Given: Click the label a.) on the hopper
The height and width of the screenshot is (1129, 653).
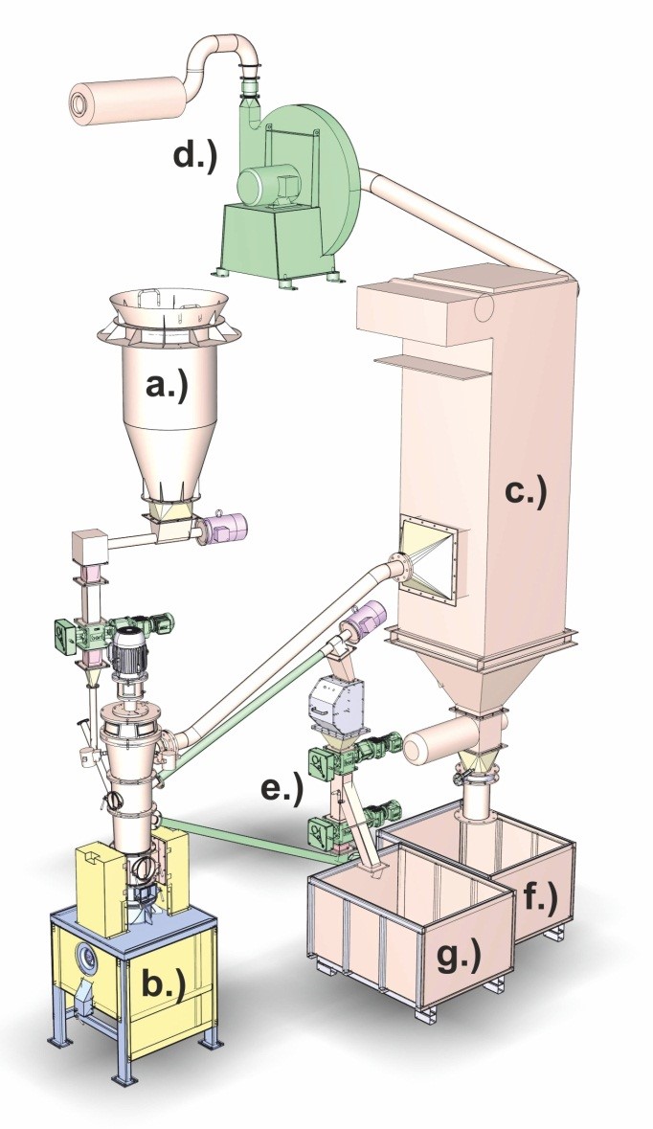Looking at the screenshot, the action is (x=167, y=387).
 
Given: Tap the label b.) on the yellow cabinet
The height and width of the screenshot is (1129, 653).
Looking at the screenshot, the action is (x=163, y=985).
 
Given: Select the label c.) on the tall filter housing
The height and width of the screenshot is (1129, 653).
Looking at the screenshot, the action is (x=526, y=492).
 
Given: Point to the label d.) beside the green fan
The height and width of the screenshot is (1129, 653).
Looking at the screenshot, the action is (x=193, y=155).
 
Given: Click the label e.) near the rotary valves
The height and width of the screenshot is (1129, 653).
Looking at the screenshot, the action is (x=281, y=788).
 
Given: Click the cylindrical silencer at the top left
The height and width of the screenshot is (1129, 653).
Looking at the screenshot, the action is (x=124, y=98).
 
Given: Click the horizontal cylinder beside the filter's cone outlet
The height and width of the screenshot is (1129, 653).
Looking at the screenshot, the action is (x=440, y=741).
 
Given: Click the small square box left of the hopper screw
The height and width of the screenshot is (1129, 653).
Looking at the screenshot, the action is (x=89, y=547).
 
